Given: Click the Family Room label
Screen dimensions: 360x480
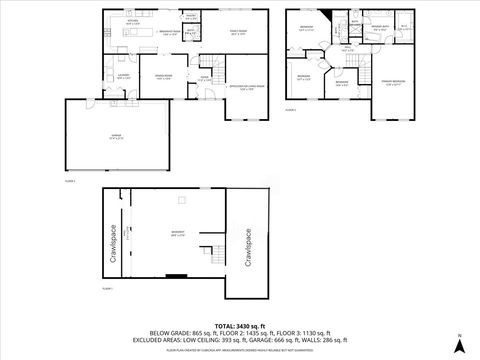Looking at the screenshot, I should tap(237, 33).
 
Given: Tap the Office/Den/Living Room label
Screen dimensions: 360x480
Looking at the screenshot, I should tap(243, 86).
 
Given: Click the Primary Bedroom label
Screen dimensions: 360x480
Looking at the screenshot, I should tap(397, 82).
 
